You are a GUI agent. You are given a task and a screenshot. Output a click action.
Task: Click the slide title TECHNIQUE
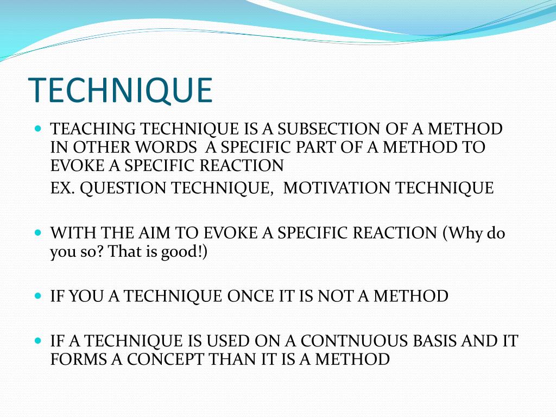120,91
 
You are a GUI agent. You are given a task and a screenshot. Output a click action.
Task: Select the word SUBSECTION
322,129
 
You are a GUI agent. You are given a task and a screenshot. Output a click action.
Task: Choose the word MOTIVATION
337,188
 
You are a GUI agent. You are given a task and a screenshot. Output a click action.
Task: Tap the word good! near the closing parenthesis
182,251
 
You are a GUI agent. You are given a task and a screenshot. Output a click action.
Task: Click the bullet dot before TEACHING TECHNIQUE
37,130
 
